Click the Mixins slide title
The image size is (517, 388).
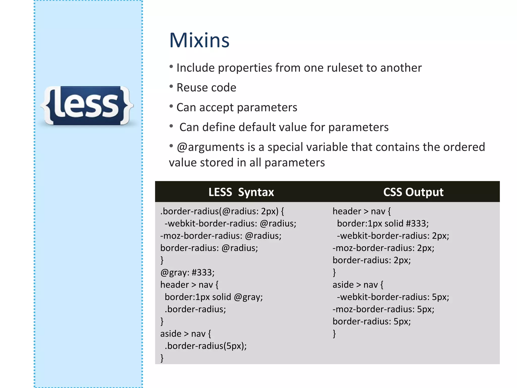click(199, 40)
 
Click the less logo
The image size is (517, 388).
click(87, 106)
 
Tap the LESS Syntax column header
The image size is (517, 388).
click(241, 192)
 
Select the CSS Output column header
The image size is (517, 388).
click(413, 192)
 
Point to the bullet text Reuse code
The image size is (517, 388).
click(206, 88)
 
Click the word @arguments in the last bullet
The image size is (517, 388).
click(211, 147)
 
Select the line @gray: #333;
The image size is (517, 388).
click(187, 273)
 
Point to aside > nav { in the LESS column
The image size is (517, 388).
click(186, 334)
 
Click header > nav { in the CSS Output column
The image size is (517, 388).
click(361, 211)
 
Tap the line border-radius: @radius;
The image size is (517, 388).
click(209, 248)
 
